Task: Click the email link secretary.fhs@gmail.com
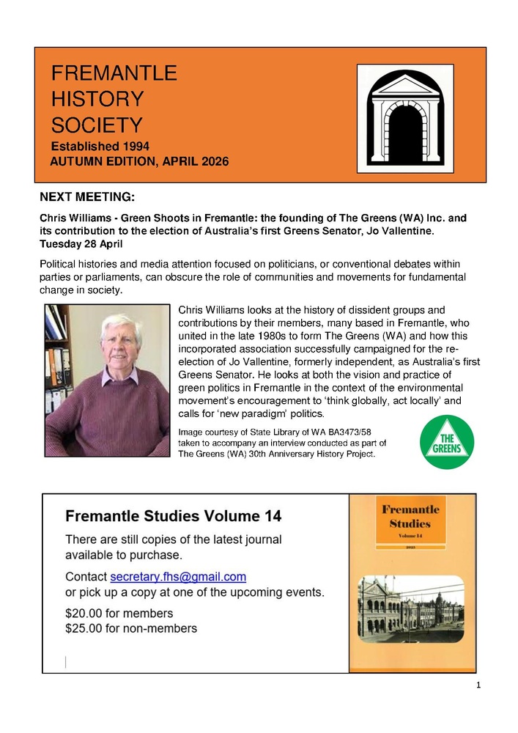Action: coord(178,576)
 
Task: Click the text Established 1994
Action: coord(100,145)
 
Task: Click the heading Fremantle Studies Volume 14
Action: coord(173,516)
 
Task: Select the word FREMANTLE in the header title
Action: coord(114,73)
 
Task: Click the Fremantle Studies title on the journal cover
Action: coord(411,517)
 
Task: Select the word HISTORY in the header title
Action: coord(97,98)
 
